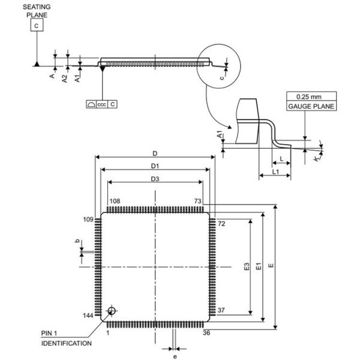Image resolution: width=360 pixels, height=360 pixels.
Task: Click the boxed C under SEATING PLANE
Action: point(37,25)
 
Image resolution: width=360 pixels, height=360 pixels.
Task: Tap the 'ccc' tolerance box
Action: point(102,104)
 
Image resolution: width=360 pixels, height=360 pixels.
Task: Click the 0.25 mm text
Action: point(309,97)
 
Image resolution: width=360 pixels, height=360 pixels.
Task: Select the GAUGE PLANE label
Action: point(311,106)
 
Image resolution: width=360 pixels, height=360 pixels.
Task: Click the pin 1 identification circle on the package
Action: point(112,311)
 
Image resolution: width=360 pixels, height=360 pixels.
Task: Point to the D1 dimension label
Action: point(155,166)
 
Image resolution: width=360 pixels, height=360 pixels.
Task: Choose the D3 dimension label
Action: point(155,179)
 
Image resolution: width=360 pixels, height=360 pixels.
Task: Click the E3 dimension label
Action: point(247,266)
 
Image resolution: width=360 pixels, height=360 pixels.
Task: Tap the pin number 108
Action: point(115,201)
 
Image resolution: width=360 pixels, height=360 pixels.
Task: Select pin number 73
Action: point(197,201)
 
